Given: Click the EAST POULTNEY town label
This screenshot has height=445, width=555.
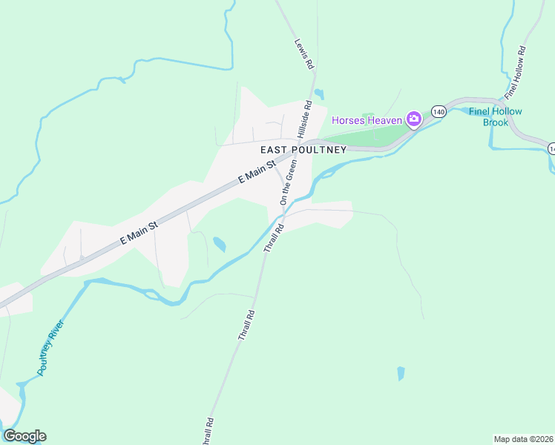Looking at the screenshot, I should click(x=304, y=150).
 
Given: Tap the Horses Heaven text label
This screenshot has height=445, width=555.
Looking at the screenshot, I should click(x=367, y=119).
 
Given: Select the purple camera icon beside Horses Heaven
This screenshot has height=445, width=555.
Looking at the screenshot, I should click(x=414, y=119).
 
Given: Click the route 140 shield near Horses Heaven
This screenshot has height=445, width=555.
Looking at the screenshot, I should click(x=439, y=111).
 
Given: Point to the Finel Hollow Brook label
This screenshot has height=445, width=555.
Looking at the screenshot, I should click(x=496, y=116).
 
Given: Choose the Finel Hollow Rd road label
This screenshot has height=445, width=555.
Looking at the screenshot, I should click(x=516, y=73).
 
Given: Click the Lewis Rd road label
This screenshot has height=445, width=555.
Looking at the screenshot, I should click(x=304, y=55).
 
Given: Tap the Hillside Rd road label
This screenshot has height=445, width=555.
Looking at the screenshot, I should click(x=303, y=120).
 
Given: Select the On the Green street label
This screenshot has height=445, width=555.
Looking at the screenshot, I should click(x=287, y=185).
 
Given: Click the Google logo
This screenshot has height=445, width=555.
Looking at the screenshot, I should click(x=24, y=436).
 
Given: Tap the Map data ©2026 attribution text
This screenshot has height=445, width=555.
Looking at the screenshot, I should click(x=523, y=439).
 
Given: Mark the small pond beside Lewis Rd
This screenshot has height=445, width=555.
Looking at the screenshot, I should click(x=320, y=94).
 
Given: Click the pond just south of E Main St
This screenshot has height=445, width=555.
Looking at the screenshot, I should click(x=220, y=243).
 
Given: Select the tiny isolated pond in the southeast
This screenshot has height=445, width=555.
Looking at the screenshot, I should click(x=401, y=373).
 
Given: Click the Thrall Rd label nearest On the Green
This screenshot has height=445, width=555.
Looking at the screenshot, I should click(x=275, y=238).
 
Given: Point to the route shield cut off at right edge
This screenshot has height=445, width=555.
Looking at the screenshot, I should click(x=551, y=149).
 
